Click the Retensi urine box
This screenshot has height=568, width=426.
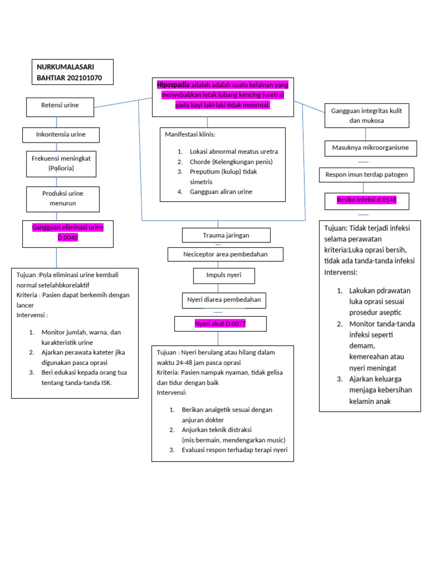click(60, 105)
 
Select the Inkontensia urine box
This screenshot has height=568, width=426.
click(60, 135)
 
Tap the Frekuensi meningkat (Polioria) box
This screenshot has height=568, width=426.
click(61, 163)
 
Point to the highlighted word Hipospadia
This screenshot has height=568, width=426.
click(174, 85)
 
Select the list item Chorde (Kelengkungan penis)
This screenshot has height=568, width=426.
click(231, 161)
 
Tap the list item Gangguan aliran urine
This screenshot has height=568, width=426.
click(221, 191)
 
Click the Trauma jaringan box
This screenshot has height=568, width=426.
click(226, 235)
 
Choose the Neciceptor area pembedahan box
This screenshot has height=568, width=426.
click(225, 255)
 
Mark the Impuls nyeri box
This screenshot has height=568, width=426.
click(224, 275)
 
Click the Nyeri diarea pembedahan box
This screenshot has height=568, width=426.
click(224, 301)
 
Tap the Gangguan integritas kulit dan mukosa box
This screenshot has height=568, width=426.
click(366, 115)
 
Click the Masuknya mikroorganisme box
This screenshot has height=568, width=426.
click(366, 148)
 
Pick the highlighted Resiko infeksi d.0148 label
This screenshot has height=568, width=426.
click(366, 200)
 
